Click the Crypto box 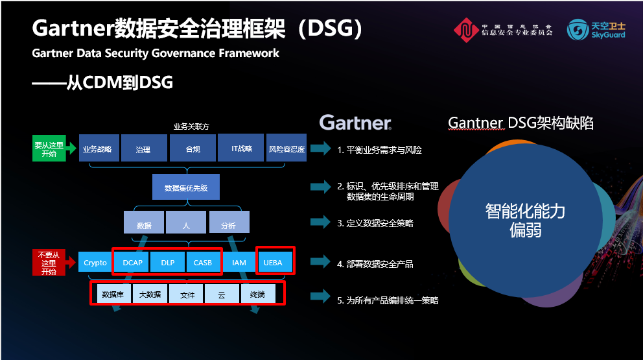point(95,262)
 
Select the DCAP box point(132,262)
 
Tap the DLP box point(167,262)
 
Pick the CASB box point(203,262)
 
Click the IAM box point(239,262)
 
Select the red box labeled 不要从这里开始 point(49,262)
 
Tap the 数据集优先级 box point(186,187)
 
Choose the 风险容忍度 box point(286,147)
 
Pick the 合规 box point(193,148)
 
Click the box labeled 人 point(186,222)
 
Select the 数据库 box point(114,294)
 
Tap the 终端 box point(257,294)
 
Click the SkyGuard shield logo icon point(578,30)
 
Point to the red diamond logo point(466,30)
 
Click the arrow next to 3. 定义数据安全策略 point(320,222)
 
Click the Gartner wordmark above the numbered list point(355,123)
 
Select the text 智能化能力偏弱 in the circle point(525,220)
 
